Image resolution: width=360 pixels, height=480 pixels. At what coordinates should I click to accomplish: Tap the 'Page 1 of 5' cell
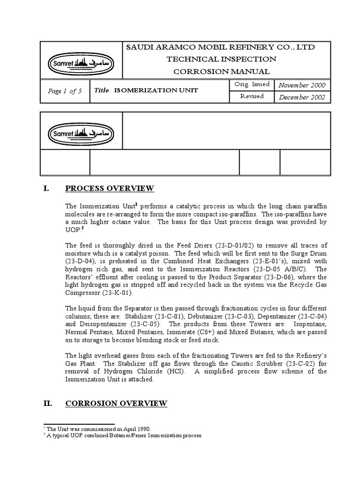point(65,91)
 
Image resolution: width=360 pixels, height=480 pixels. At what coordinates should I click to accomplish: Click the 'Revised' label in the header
point(252,96)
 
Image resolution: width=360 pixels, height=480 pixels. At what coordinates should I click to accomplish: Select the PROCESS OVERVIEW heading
point(109,188)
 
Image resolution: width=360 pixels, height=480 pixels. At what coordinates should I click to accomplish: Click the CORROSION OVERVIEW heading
point(116,403)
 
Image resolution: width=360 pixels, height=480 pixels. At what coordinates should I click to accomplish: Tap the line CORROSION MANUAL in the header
point(221,71)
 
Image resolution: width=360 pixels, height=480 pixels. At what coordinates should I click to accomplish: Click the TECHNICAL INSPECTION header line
point(221,59)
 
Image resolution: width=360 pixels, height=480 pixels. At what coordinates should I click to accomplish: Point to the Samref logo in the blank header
point(82,132)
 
